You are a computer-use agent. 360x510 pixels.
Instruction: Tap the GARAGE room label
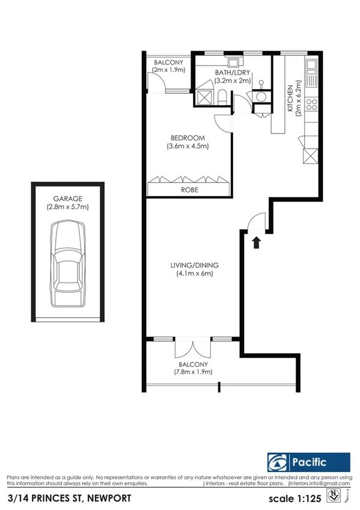(x=67, y=198)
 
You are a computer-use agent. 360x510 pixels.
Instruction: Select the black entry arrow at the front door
(x=257, y=242)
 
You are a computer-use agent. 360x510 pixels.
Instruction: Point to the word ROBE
(x=189, y=189)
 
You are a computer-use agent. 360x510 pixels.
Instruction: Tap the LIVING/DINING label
(x=194, y=265)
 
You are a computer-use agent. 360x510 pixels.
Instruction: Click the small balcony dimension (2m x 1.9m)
(x=169, y=70)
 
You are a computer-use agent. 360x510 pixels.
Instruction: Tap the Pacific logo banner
(x=308, y=462)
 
